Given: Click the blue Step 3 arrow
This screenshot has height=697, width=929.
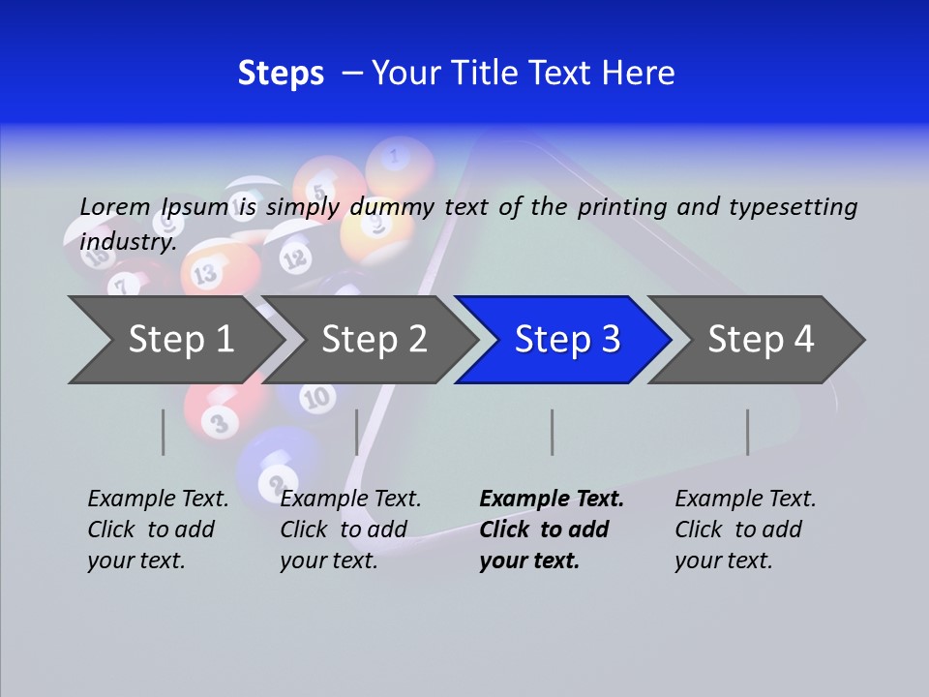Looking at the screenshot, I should [x=566, y=340].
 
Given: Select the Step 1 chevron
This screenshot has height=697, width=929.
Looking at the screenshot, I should [x=181, y=340].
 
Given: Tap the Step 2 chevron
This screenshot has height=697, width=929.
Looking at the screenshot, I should [x=374, y=340].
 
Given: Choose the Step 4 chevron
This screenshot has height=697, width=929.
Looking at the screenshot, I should [x=761, y=340].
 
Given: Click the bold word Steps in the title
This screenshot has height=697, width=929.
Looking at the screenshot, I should [x=281, y=74].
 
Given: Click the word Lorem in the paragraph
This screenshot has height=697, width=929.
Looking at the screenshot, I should [x=115, y=206].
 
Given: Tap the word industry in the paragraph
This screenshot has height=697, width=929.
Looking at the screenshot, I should [x=127, y=241].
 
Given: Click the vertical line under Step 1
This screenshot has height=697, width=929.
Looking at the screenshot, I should [x=164, y=432].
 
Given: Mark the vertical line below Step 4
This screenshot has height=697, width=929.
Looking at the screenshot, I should [x=747, y=432].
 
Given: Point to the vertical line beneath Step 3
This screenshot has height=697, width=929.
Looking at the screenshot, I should [x=552, y=432].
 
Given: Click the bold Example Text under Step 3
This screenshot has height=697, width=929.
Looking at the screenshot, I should [x=552, y=499].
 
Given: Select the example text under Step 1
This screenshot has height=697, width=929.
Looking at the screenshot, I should [x=158, y=529].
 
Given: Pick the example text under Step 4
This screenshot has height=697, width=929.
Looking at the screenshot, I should [x=745, y=529].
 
